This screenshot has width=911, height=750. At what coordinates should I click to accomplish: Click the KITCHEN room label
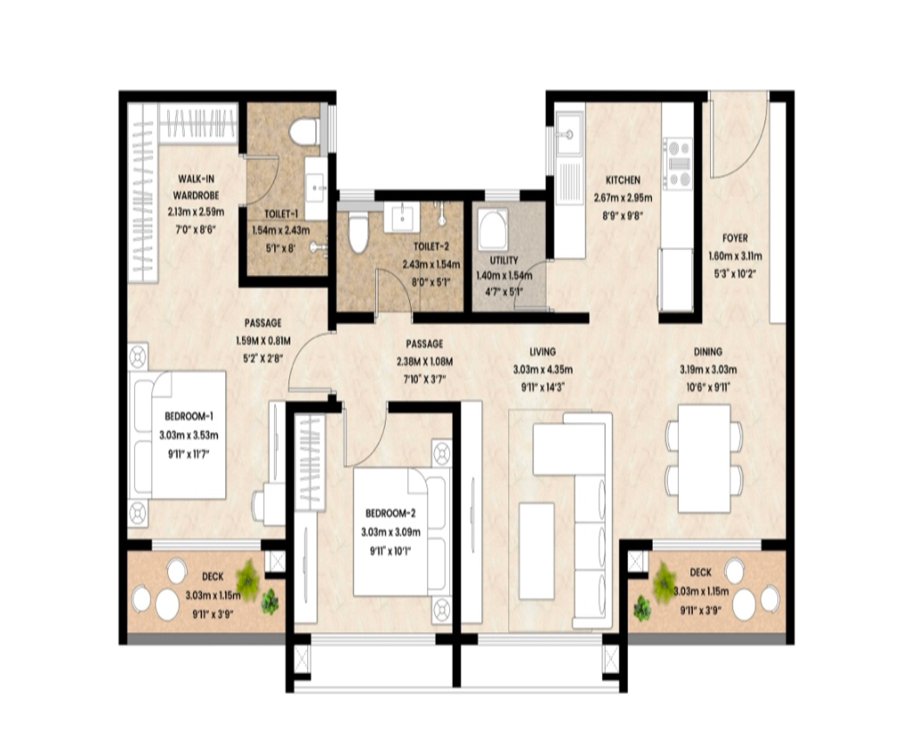(623, 180)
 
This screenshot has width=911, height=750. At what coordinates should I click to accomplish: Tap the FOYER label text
(735, 238)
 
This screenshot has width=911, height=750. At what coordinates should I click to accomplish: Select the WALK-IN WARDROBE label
(196, 187)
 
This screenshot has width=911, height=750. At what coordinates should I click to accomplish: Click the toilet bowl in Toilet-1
(305, 131)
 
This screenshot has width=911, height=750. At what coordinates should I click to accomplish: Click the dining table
(704, 458)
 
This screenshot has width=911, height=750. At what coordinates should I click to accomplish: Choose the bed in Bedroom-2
(402, 531)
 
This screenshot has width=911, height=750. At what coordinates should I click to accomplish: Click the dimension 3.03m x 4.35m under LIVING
(543, 370)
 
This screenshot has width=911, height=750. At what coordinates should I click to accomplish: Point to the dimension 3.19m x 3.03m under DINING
(708, 370)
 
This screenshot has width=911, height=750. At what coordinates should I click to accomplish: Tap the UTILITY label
(504, 261)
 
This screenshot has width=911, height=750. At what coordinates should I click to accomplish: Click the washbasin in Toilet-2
(403, 216)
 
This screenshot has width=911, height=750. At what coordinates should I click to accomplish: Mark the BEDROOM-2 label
(390, 513)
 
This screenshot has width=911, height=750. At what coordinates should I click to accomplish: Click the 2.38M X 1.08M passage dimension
(425, 362)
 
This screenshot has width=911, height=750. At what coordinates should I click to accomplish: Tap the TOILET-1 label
(280, 213)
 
